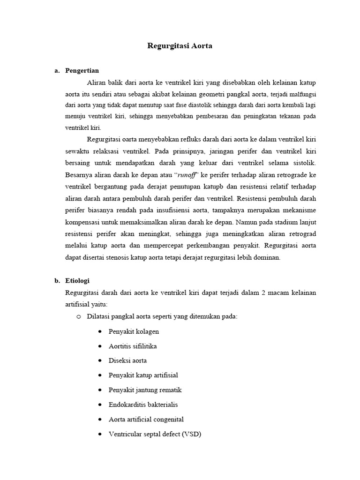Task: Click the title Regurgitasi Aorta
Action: pyautogui.click(x=180, y=46)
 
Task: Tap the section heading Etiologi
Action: pyautogui.click(x=77, y=281)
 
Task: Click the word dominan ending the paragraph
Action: pyautogui.click(x=267, y=257)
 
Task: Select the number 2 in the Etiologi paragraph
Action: pyautogui.click(x=264, y=292)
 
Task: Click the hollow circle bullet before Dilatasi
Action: pyautogui.click(x=79, y=316)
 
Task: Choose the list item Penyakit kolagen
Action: pyautogui.click(x=134, y=331)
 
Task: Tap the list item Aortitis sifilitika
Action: pyautogui.click(x=133, y=346)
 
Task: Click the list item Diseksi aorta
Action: pyautogui.click(x=127, y=360)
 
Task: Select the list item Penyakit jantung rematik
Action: pyautogui.click(x=145, y=390)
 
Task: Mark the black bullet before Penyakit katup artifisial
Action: pyautogui.click(x=101, y=375)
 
